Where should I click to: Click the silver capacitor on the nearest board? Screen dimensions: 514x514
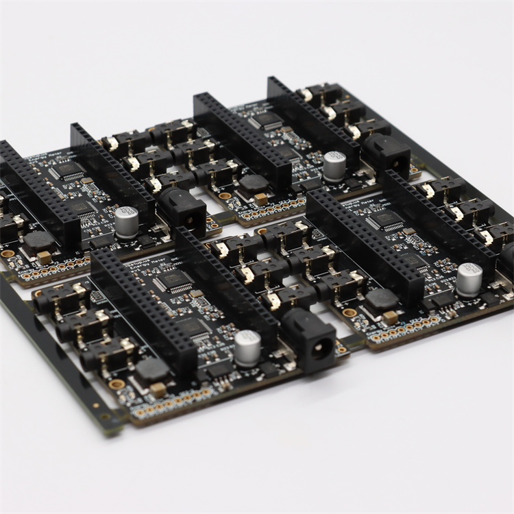247,346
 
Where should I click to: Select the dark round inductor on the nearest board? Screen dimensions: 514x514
151,370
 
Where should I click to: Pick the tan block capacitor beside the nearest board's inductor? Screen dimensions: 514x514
158,389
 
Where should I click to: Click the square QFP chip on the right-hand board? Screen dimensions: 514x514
387,219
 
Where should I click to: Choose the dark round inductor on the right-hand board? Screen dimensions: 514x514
381,299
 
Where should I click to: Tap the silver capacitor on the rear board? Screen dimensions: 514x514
334,166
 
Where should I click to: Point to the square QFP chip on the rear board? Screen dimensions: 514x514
267,120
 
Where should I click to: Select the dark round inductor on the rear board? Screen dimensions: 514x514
254,184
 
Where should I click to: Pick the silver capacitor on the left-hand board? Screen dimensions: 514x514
127,222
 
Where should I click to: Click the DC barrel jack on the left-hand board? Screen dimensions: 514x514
182,210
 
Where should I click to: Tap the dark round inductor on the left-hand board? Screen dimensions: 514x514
38,241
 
